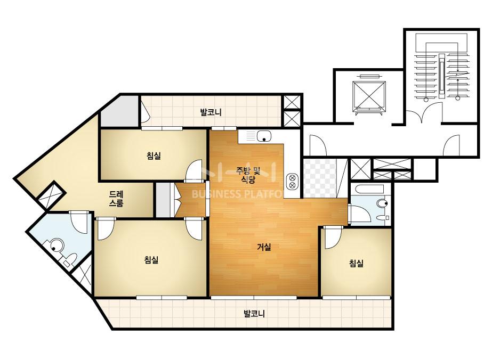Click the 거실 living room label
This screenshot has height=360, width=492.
pos(264,247)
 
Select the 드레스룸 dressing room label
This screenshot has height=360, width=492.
pos(116,199)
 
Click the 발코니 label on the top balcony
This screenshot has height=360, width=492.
pos(211,112)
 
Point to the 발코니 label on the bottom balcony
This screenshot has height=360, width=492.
pos(254,314)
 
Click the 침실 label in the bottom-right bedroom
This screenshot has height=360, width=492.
pos(356,263)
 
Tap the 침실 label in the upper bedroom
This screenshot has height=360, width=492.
pos(154,156)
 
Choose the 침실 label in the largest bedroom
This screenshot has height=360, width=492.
pos(151,260)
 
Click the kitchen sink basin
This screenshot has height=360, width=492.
pos(264,136)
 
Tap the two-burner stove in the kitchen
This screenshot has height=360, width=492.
pos(293,181)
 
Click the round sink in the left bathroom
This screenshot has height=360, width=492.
pos(57,244)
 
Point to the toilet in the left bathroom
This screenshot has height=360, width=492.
pos(70,260)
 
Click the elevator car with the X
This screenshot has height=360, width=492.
pos(369,94)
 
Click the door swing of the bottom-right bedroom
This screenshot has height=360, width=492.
pos(333,238)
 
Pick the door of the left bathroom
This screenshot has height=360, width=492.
pos(79,222)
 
